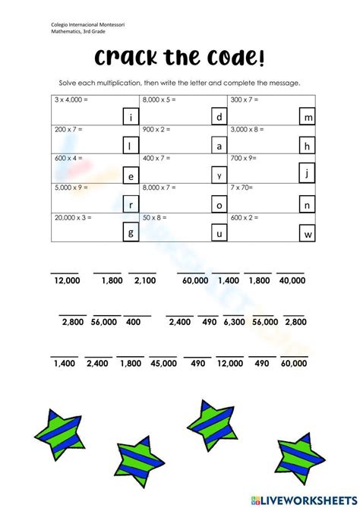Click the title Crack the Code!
[x=180, y=58]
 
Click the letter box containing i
[x=131, y=117]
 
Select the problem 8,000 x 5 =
[x=159, y=99]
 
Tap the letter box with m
[x=308, y=118]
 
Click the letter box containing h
[x=308, y=146]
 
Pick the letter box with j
[x=308, y=174]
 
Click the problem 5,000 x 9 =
[x=71, y=187]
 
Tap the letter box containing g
[x=131, y=232]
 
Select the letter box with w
[x=308, y=234]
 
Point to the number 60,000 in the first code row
[x=195, y=280]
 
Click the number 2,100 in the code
[x=144, y=280]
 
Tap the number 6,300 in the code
[x=234, y=322]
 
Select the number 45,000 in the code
[x=163, y=364]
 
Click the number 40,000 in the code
[x=292, y=280]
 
